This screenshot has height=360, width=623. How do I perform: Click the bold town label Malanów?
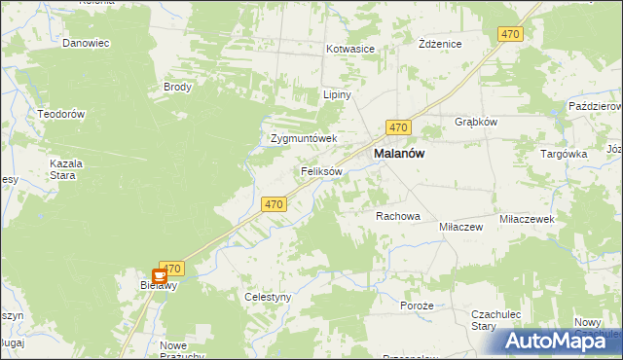(400, 155)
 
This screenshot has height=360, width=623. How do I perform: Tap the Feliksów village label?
(321, 171)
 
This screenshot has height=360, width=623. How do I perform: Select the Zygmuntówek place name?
(304, 138)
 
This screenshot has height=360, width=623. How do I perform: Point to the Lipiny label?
(337, 95)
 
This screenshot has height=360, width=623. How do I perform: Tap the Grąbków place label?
(476, 123)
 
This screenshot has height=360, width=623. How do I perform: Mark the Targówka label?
(565, 154)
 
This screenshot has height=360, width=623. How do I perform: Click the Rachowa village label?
(397, 216)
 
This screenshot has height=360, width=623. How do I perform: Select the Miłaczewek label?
(527, 220)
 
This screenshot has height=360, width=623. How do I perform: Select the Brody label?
(178, 87)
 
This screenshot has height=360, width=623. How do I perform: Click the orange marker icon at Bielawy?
(160, 277)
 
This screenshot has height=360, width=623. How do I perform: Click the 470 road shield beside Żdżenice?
(510, 34)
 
